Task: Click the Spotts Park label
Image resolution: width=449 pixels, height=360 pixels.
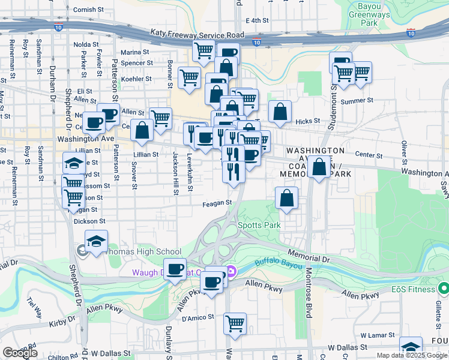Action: coord(259,225)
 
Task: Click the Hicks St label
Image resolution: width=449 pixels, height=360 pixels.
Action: coord(307,121)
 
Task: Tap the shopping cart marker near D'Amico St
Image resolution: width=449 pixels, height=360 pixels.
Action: coord(235,323)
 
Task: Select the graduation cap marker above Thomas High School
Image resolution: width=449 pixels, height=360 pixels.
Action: coord(96,241)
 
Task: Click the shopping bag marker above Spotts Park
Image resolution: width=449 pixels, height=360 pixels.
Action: coord(287,197)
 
